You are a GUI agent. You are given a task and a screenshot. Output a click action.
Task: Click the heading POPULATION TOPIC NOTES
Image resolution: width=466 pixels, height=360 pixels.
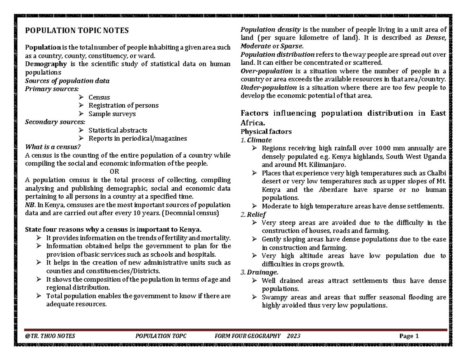tap(77, 31)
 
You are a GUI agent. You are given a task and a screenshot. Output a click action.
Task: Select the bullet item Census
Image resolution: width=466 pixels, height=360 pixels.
tap(99, 97)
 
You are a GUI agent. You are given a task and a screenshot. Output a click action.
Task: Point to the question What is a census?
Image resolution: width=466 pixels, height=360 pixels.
tap(53, 147)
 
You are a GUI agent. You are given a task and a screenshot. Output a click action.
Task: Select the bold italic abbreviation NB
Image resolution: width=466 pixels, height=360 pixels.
tap(30, 205)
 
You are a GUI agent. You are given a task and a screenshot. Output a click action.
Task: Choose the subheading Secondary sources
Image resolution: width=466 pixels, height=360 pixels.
tap(54, 122)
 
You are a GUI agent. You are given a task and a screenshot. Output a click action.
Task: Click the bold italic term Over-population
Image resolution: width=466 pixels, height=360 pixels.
tap(266, 71)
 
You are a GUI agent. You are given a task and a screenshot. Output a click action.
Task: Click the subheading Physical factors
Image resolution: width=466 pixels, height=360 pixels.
tap(266, 132)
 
